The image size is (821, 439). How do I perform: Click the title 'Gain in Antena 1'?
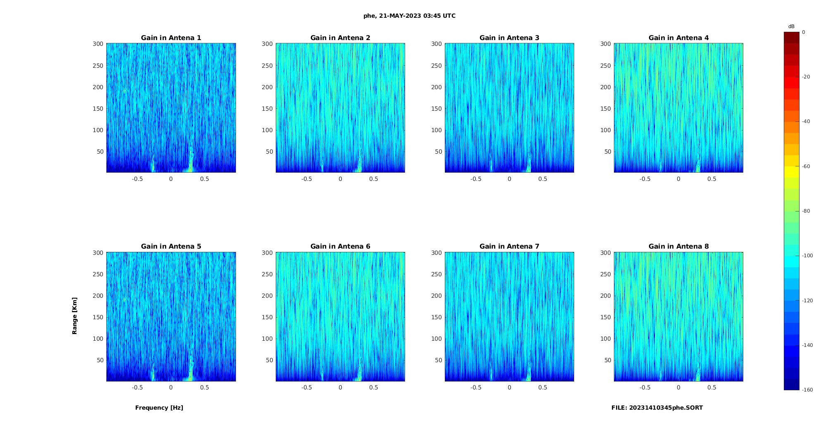pos(171,38)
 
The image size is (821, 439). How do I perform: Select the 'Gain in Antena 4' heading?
pos(678,38)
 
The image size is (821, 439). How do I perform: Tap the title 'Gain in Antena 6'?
pos(340,246)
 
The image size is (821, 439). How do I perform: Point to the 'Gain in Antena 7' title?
pos(509,246)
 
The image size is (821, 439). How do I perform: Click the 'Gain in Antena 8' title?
pos(678,246)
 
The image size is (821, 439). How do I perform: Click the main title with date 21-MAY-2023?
pos(409,16)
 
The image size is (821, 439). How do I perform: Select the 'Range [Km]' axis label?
pos(74,316)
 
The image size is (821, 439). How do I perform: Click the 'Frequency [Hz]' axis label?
pos(159,408)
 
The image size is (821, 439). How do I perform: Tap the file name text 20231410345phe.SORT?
pos(657,408)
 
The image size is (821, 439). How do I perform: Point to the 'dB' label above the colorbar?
pos(791,26)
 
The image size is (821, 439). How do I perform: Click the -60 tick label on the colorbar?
pos(806,166)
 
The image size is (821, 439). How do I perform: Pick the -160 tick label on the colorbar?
pos(807,390)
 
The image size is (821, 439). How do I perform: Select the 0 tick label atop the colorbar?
pos(803,32)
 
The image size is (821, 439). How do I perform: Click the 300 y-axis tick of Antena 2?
pos(267,44)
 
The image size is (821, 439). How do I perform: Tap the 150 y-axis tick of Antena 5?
pos(98,317)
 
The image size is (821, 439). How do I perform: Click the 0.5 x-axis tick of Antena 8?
pos(711,387)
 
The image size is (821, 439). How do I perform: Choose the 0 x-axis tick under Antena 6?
pos(340,387)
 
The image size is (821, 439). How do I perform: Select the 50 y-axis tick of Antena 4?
pos(607,152)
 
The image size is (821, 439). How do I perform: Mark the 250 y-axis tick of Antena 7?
pos(436,274)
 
